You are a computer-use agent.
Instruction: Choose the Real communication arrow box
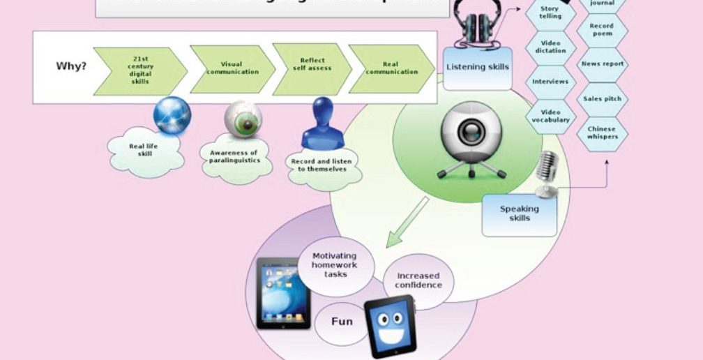point(391,69)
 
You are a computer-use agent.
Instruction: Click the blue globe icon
point(172,115)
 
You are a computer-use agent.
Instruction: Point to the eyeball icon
point(243,119)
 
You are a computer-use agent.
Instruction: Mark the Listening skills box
point(477,68)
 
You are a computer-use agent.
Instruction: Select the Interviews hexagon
point(550,82)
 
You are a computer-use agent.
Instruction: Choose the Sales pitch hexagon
point(603,99)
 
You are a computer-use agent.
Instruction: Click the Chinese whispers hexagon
point(603,133)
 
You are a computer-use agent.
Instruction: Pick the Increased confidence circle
point(418,281)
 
